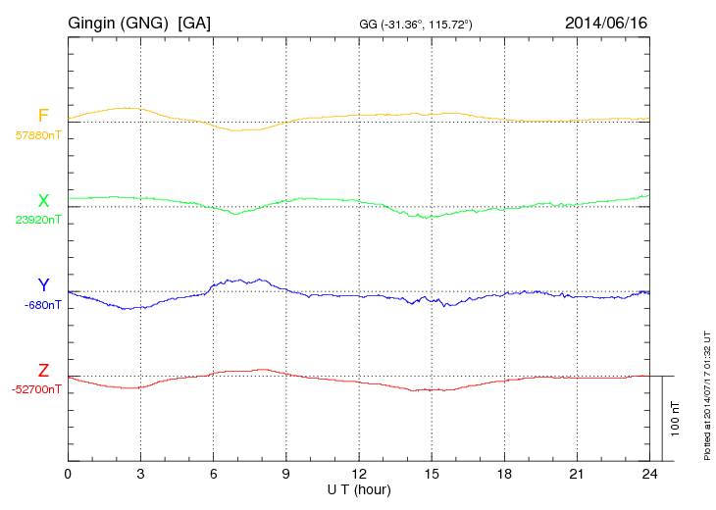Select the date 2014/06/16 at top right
(605, 23)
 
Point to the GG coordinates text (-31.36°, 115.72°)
(416, 24)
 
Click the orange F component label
(43, 116)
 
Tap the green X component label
(43, 201)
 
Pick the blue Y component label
(43, 285)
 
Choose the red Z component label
(43, 371)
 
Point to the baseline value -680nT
(43, 304)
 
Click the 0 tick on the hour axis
(68, 474)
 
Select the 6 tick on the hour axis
(213, 474)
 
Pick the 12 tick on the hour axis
(358, 474)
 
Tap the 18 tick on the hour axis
(503, 474)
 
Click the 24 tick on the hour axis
(648, 474)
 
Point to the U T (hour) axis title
(358, 488)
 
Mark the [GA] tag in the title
(194, 23)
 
